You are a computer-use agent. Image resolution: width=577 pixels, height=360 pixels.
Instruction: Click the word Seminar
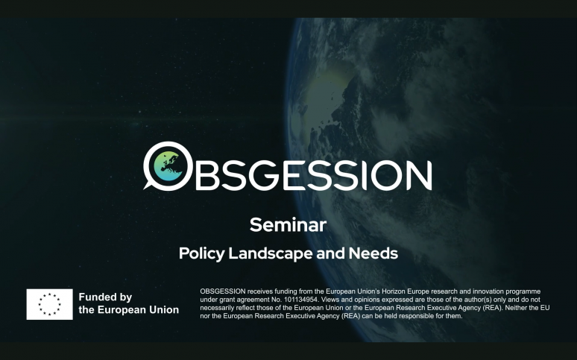(288, 224)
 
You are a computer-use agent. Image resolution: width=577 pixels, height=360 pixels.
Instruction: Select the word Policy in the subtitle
(201, 253)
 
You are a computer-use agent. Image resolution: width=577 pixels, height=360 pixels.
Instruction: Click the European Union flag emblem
(49, 304)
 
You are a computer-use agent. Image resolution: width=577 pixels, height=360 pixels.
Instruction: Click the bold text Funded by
(105, 297)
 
